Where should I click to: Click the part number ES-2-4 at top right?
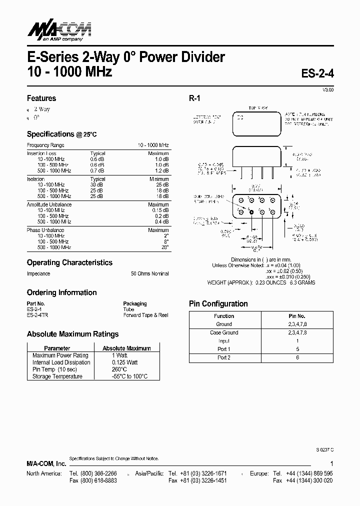tap(317, 72)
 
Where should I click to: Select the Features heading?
tap(41, 98)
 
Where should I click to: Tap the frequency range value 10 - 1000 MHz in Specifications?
tap(153, 145)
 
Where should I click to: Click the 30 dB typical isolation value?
tap(97, 184)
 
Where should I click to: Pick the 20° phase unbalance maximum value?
tap(164, 247)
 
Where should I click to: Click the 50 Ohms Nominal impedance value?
tap(150, 274)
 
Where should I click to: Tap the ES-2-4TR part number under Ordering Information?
tap(38, 315)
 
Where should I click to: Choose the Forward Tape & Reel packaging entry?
tap(145, 315)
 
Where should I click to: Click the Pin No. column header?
tap(297, 316)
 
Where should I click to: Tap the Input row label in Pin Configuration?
tap(223, 341)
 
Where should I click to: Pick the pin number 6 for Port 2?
tap(297, 357)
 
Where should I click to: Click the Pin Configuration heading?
tap(218, 304)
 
